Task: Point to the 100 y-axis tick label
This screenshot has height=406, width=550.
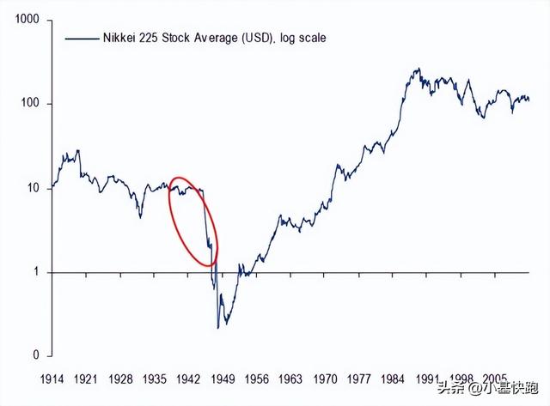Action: (31, 104)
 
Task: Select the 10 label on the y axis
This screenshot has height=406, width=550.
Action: (34, 188)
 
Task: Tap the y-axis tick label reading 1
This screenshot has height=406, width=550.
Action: (38, 273)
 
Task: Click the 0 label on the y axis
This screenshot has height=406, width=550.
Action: (38, 355)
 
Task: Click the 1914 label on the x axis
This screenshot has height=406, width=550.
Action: (54, 378)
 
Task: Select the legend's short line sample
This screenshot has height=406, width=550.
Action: (80, 39)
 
